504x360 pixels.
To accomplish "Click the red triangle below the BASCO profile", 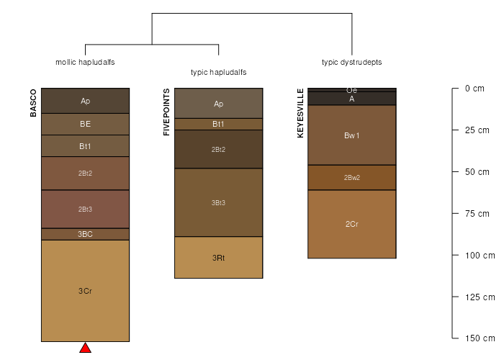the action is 85,348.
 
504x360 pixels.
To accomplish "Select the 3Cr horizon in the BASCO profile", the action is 85,291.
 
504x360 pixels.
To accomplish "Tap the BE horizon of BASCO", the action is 85,124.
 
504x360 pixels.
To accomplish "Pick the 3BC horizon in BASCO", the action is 85,234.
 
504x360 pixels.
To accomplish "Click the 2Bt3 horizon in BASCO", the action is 85,210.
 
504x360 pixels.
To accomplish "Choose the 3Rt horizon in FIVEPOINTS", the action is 219,258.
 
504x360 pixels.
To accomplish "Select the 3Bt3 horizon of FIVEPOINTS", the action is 219,202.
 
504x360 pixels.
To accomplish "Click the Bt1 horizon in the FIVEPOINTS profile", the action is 219,124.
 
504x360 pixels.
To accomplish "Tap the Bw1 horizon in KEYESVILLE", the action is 352,135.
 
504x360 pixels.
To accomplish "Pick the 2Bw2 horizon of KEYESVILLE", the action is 352,177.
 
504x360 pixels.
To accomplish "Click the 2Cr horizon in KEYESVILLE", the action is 352,224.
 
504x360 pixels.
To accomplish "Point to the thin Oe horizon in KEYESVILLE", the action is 352,90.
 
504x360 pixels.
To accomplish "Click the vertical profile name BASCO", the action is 33,103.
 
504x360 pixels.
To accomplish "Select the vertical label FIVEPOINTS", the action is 166,112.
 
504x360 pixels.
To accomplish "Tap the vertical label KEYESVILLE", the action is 300,113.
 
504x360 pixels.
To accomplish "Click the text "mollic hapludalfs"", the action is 85,62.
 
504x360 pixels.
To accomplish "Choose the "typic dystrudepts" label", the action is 352,62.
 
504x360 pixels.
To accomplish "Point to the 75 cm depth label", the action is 477,214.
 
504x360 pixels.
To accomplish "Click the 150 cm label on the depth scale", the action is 480,338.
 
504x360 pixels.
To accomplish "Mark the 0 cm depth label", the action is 474,89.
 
